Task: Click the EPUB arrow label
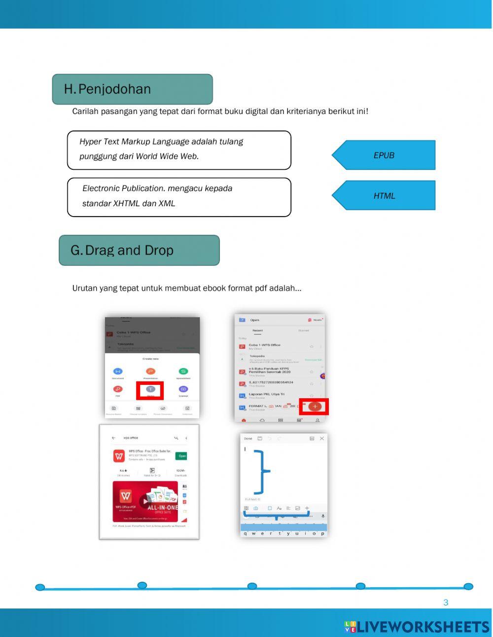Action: pos(384,155)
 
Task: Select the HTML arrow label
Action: pos(384,195)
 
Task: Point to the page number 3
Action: pos(446,602)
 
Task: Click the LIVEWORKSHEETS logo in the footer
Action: pos(417,627)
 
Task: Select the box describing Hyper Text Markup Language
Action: pos(179,150)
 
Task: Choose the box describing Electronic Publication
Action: pos(179,197)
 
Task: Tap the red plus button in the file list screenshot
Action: pos(316,406)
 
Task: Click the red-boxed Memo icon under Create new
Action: pos(150,389)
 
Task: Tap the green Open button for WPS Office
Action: pos(182,456)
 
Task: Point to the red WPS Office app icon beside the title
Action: pos(119,456)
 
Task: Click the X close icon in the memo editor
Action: pos(322,438)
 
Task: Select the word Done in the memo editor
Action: pos(248,438)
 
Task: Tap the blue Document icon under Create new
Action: pos(118,372)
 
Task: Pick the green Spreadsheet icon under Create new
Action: pos(183,372)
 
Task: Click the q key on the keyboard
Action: pos(245,533)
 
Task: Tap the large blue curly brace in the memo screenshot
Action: pos(261,472)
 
